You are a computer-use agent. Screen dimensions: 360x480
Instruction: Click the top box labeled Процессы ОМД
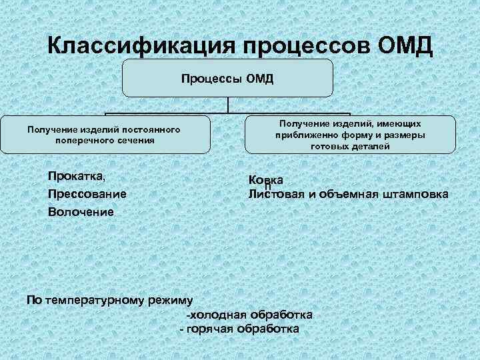click(x=227, y=79)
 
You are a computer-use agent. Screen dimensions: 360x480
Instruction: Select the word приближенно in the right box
click(x=305, y=135)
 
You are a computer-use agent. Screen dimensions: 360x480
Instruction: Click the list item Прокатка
click(x=75, y=176)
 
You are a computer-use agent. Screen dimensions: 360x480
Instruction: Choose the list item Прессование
click(x=87, y=194)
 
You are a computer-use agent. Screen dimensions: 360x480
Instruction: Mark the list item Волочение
click(x=80, y=212)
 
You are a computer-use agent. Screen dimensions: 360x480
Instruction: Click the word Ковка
click(x=265, y=180)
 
